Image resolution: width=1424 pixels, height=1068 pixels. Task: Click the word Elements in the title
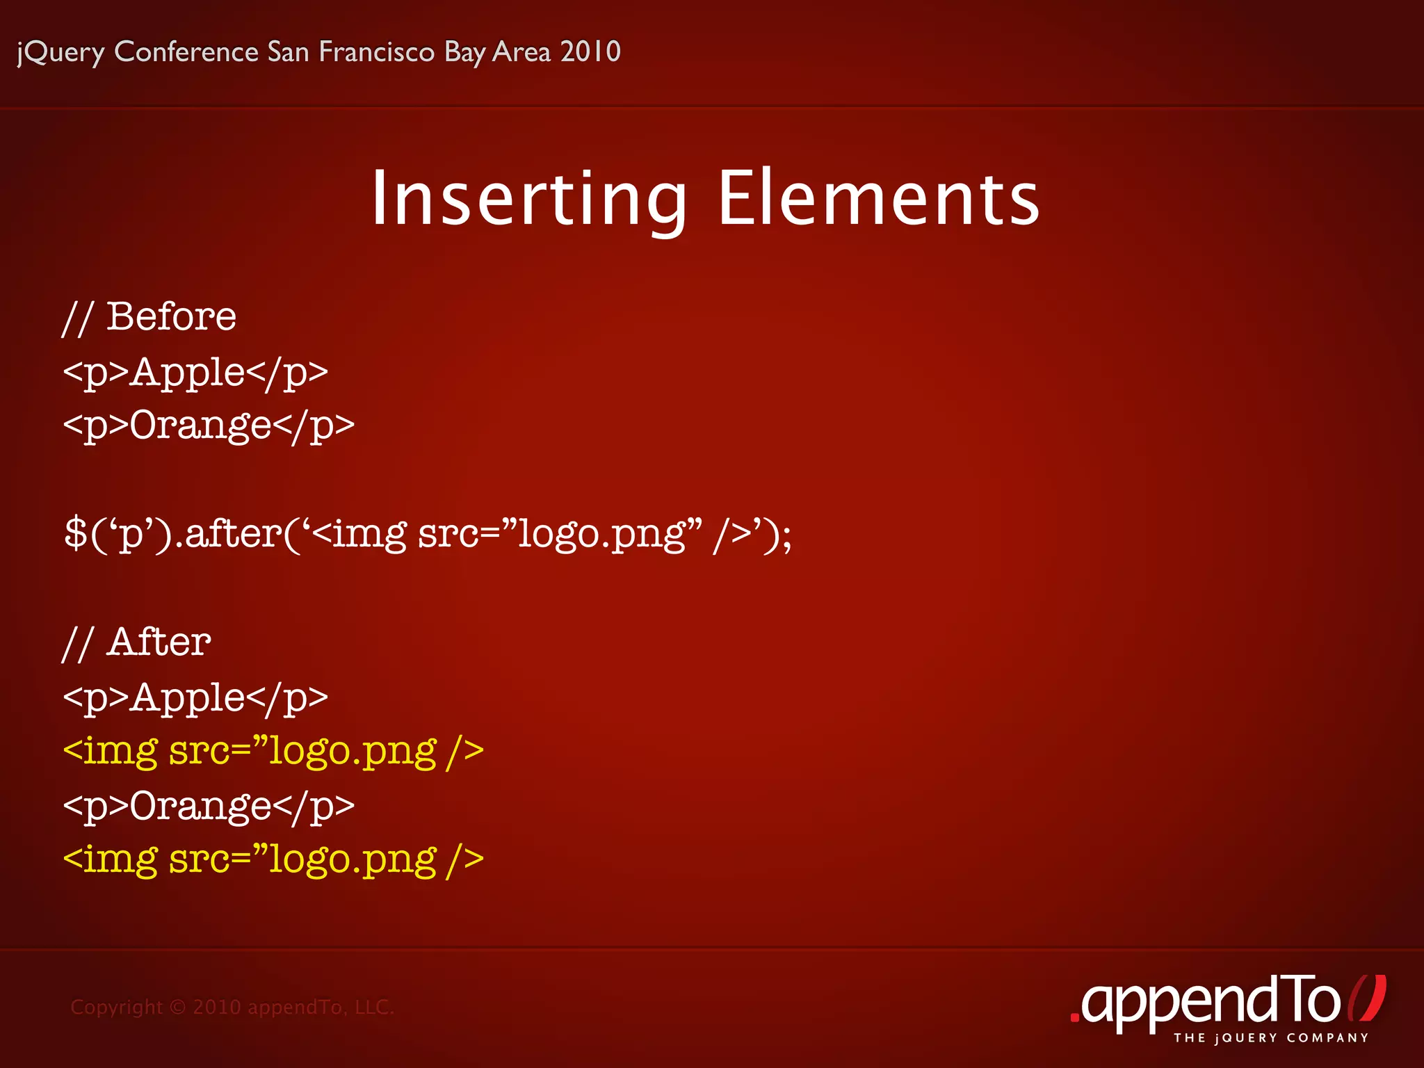[x=878, y=200]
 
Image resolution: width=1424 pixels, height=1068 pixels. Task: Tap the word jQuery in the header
[x=60, y=53]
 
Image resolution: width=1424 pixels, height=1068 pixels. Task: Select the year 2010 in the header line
[x=590, y=51]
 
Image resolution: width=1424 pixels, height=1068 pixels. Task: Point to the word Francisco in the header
[x=376, y=52]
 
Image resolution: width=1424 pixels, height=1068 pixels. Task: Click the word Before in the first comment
[x=171, y=317]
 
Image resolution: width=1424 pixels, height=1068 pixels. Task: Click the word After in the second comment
[x=159, y=642]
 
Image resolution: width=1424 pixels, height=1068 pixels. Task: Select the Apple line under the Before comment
[x=195, y=372]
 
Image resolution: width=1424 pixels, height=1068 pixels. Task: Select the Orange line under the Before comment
[x=209, y=426]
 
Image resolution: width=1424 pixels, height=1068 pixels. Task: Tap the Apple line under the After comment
[x=195, y=697]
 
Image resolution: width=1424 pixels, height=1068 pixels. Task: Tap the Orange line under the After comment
[x=209, y=807]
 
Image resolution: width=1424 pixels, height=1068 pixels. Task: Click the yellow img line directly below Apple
[x=273, y=752]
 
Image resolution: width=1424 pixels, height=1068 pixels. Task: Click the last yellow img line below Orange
[x=273, y=860]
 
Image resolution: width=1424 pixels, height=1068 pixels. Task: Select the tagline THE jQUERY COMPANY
[x=1271, y=1038]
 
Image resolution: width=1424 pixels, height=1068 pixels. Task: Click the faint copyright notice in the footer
[x=232, y=1007]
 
